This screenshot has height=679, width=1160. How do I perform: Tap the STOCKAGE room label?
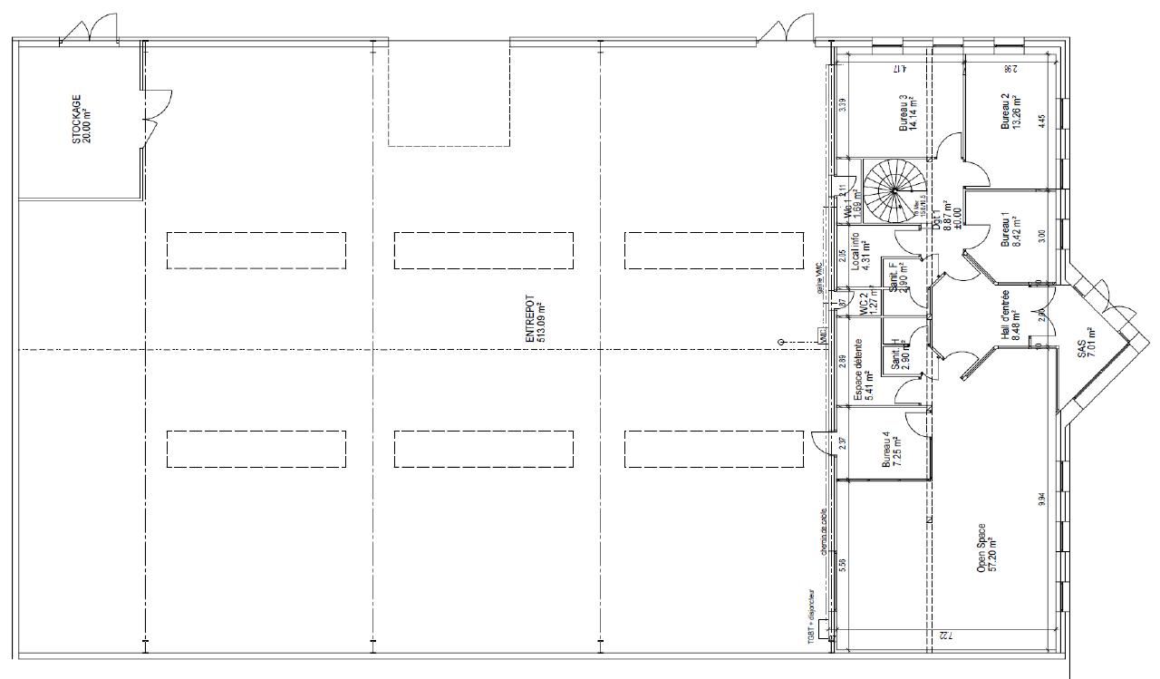tap(82, 120)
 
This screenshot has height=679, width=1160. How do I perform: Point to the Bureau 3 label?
tap(908, 114)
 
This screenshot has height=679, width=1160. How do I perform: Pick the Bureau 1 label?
tap(1010, 230)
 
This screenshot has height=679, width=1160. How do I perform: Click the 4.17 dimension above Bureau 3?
tap(899, 68)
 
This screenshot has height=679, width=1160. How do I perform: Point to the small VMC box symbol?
tap(823, 335)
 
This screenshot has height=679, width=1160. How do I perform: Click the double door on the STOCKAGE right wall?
tap(156, 114)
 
